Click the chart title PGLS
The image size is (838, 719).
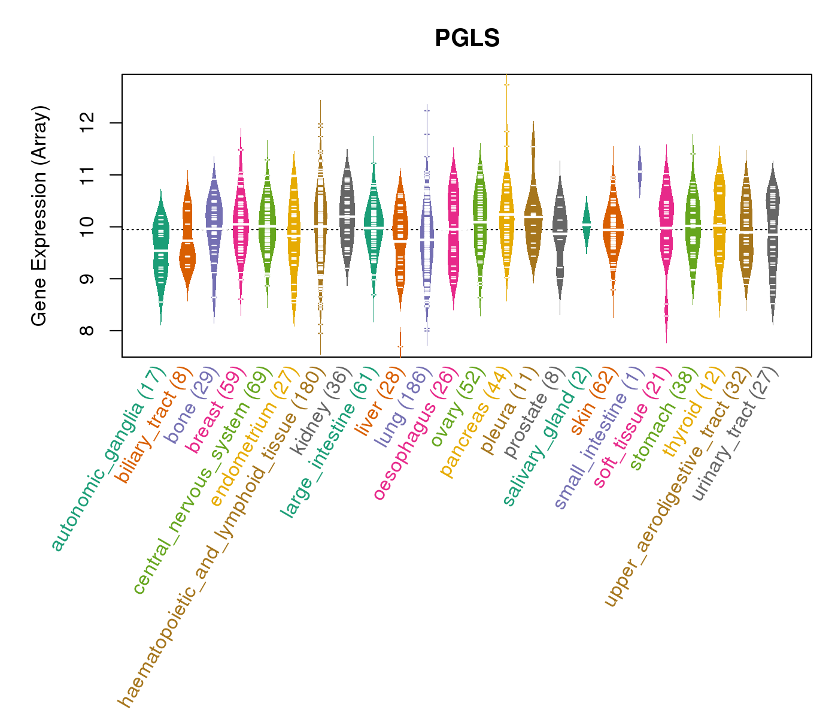[467, 38]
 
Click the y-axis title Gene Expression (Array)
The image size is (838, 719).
[40, 216]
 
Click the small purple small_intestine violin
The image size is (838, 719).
[640, 170]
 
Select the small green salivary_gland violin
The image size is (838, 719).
[587, 224]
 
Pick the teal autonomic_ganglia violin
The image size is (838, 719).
[160, 252]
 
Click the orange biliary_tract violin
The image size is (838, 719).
[187, 240]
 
